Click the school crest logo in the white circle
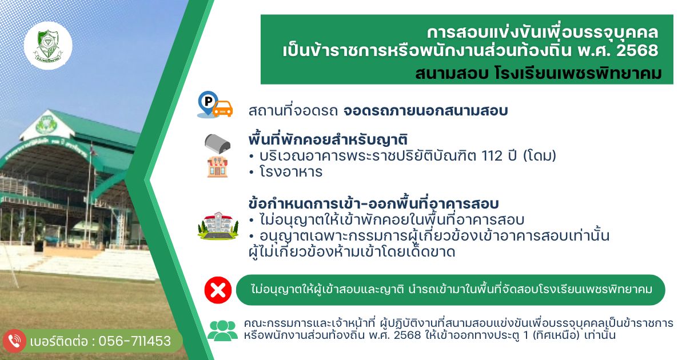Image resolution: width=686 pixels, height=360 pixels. [48, 45]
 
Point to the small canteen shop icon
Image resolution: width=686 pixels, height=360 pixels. [217, 167]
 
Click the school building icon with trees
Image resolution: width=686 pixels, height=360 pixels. [217, 225]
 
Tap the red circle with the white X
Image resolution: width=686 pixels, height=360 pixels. [218, 290]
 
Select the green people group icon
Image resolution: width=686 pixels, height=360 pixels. [222, 330]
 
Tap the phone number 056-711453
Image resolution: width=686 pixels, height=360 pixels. [135, 341]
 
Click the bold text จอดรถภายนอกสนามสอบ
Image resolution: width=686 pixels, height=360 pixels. [425, 110]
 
